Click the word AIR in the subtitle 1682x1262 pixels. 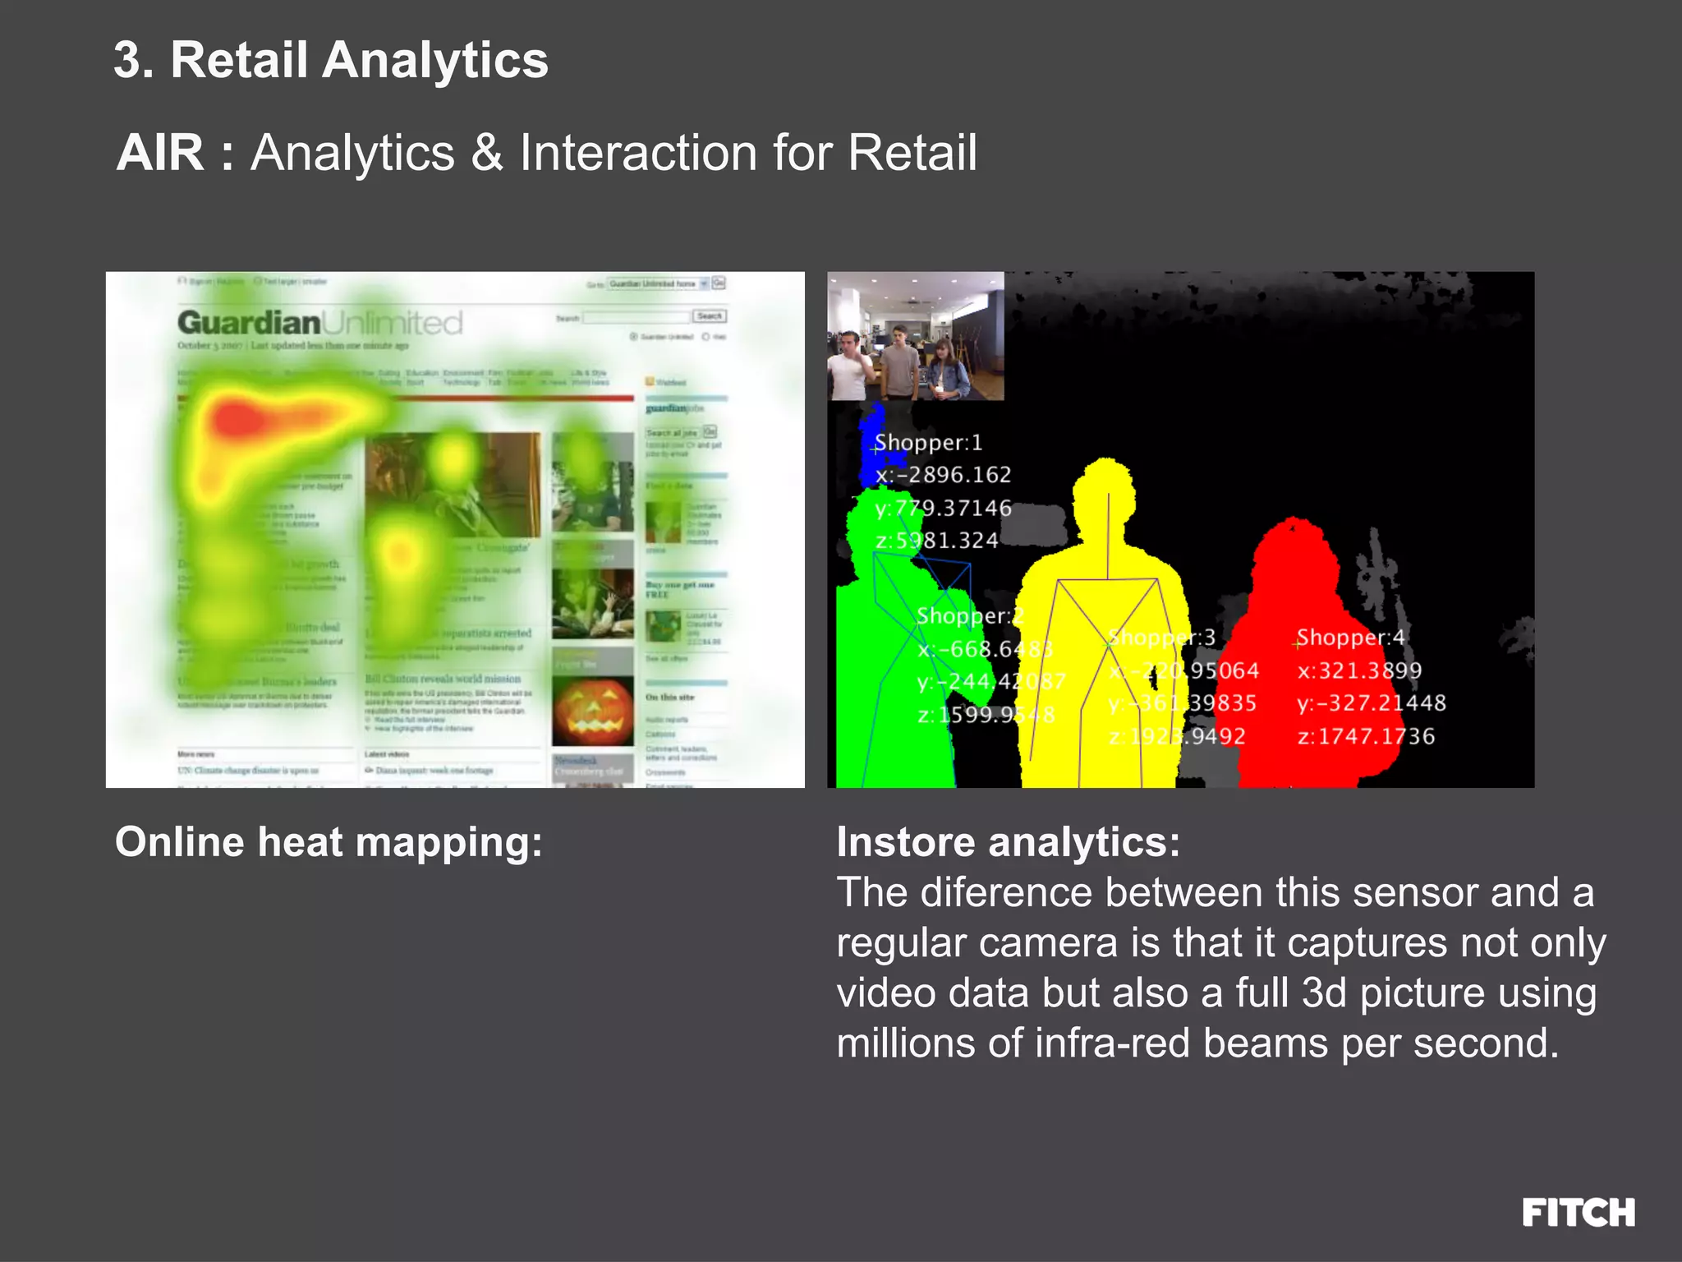coord(161,153)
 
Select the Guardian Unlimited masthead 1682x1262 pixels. coord(320,323)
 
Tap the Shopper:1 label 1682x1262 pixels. coord(929,443)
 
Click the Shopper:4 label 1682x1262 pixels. coord(1351,638)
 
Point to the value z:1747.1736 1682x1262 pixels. coord(1366,736)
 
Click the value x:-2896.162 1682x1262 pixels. coord(944,475)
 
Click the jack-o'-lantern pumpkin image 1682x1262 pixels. coord(592,712)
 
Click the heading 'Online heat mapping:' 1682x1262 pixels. coord(329,842)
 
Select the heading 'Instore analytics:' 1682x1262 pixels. coord(1008,842)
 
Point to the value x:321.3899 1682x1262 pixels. coord(1359,670)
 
